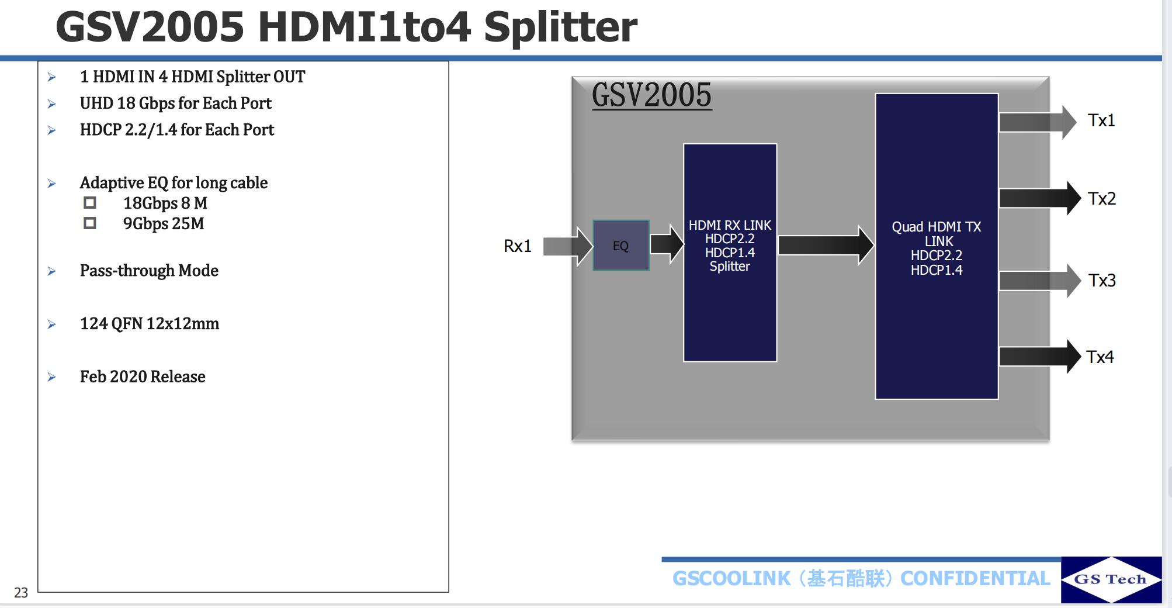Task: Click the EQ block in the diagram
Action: (x=620, y=246)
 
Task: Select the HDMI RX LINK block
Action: (x=730, y=252)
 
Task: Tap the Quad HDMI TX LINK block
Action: (x=936, y=246)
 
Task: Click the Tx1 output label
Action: (x=1101, y=120)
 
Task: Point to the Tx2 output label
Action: (x=1101, y=199)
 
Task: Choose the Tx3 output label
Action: (x=1101, y=281)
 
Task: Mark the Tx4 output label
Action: (x=1100, y=357)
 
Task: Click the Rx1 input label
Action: (x=517, y=246)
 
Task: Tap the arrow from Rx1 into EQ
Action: (x=567, y=246)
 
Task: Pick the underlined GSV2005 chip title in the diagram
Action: (x=651, y=95)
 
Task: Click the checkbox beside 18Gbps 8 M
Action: (x=90, y=203)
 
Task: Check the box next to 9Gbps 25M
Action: (x=90, y=223)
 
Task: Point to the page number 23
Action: (x=21, y=593)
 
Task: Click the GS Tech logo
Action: (x=1111, y=579)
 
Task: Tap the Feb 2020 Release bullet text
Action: (x=143, y=376)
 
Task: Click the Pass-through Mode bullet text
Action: (x=149, y=271)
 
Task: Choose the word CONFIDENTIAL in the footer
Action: (x=975, y=578)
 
